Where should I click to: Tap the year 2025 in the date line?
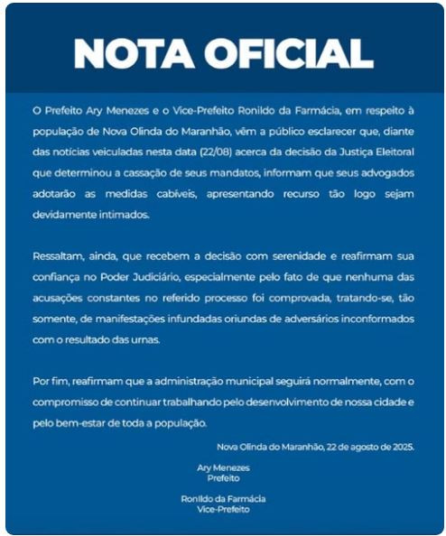click(x=400, y=446)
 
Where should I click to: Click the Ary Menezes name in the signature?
click(x=223, y=467)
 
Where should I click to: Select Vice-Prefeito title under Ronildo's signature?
click(x=223, y=509)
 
